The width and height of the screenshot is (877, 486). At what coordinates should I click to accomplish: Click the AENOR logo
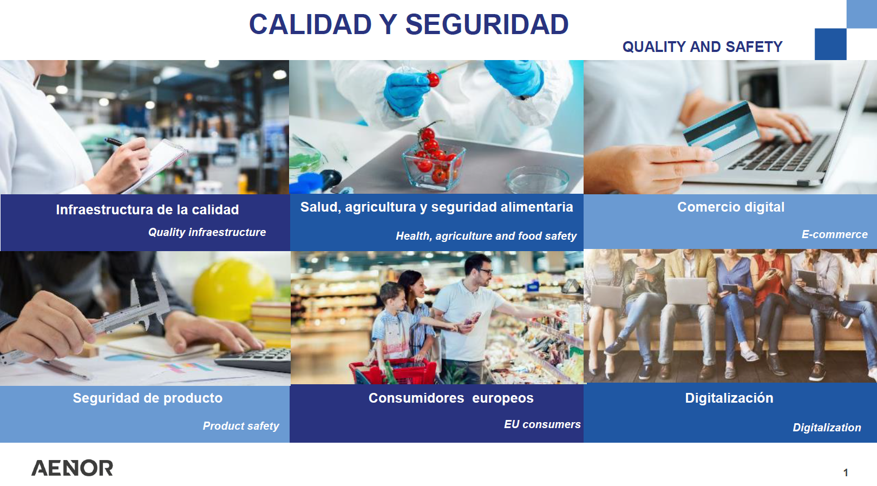pyautogui.click(x=72, y=468)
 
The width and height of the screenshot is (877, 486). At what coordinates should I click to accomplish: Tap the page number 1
pyautogui.click(x=846, y=472)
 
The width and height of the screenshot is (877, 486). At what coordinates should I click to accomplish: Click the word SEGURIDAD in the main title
pyautogui.click(x=487, y=24)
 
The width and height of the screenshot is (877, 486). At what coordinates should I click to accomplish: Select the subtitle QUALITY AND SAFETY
pyautogui.click(x=702, y=47)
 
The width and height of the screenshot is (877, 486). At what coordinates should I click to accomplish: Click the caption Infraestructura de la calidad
pyautogui.click(x=147, y=210)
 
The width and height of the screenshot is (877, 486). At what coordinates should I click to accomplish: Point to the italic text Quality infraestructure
pyautogui.click(x=207, y=232)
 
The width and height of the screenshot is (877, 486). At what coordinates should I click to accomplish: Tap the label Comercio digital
pyautogui.click(x=731, y=207)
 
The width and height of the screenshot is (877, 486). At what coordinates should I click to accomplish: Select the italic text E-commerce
pyautogui.click(x=834, y=234)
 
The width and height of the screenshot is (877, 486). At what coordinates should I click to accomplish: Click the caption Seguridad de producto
pyautogui.click(x=148, y=398)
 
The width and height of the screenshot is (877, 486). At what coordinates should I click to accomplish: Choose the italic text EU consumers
pyautogui.click(x=542, y=424)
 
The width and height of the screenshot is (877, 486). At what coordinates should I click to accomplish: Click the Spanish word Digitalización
pyautogui.click(x=729, y=398)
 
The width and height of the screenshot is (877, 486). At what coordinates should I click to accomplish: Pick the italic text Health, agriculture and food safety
pyautogui.click(x=486, y=236)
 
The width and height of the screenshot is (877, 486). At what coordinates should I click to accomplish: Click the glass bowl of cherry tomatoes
pyautogui.click(x=434, y=165)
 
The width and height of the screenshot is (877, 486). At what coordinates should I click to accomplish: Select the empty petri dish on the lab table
pyautogui.click(x=538, y=180)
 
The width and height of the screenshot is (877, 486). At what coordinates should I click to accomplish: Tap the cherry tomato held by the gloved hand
pyautogui.click(x=433, y=80)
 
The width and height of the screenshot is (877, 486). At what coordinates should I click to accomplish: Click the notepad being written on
pyautogui.click(x=156, y=165)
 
